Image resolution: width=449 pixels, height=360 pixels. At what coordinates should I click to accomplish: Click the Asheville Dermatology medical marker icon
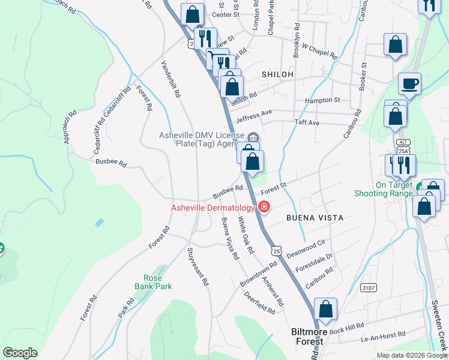[263, 208]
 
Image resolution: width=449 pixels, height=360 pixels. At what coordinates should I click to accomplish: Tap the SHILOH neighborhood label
[277, 74]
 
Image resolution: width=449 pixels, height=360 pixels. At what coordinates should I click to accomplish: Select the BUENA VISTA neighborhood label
[315, 218]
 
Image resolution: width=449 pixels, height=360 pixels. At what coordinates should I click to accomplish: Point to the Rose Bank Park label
[157, 282]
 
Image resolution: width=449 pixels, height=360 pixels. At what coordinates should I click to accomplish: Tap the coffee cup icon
[409, 83]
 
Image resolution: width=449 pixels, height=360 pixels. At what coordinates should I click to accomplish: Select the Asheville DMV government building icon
[253, 136]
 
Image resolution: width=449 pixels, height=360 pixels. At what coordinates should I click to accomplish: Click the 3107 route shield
[369, 288]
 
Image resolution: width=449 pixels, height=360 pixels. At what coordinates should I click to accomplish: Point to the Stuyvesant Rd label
[197, 266]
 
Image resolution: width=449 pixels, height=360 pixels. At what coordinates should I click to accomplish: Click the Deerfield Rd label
[259, 303]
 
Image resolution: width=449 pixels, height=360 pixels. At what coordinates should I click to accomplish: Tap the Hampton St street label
[322, 100]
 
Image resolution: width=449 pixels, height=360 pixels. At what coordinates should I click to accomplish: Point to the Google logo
[20, 353]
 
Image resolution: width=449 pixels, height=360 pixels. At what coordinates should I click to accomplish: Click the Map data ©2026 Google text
[411, 355]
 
